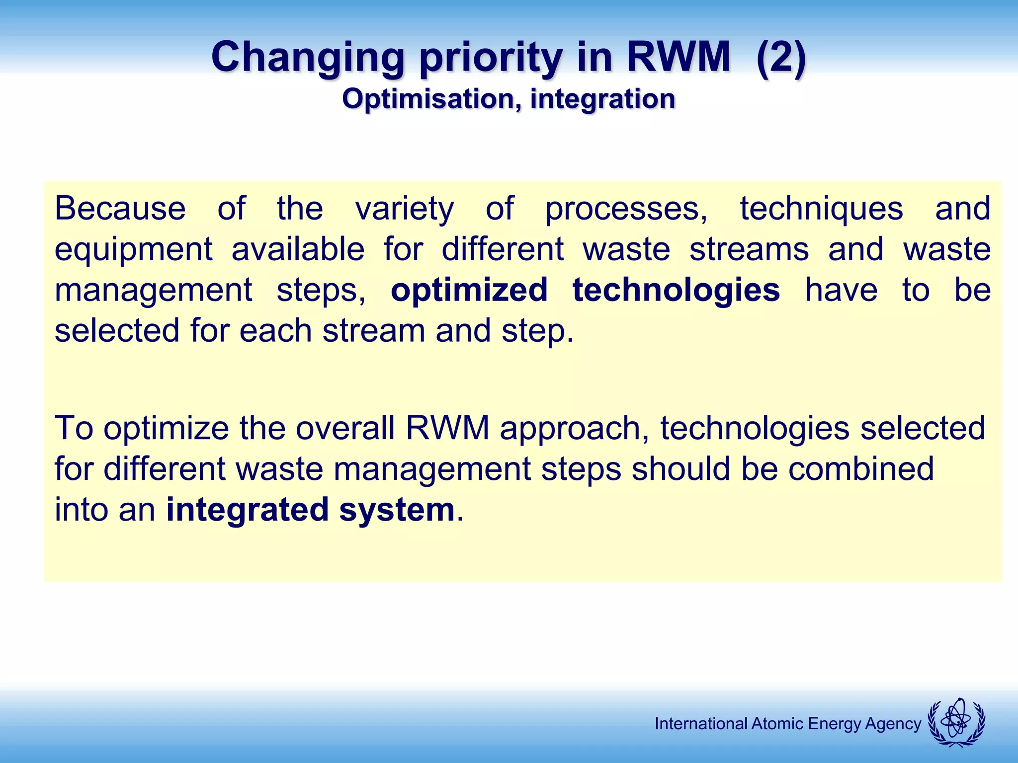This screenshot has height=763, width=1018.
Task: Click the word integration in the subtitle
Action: coord(602,99)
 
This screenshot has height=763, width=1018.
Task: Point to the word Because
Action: coord(120,208)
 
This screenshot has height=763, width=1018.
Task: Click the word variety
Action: coord(405,209)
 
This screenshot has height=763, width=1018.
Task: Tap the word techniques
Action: coord(821,209)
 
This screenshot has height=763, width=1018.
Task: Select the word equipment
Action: coord(133,250)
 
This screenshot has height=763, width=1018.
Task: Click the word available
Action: coord(298,249)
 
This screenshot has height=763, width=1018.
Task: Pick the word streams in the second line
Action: coord(749,249)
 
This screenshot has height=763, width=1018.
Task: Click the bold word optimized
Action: coord(469,291)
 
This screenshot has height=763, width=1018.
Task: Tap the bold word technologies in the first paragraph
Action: coord(676,291)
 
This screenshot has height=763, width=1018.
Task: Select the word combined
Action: coord(861,468)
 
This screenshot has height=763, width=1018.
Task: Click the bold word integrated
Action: coord(247,510)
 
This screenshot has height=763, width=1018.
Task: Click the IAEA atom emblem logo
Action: coord(956,723)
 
